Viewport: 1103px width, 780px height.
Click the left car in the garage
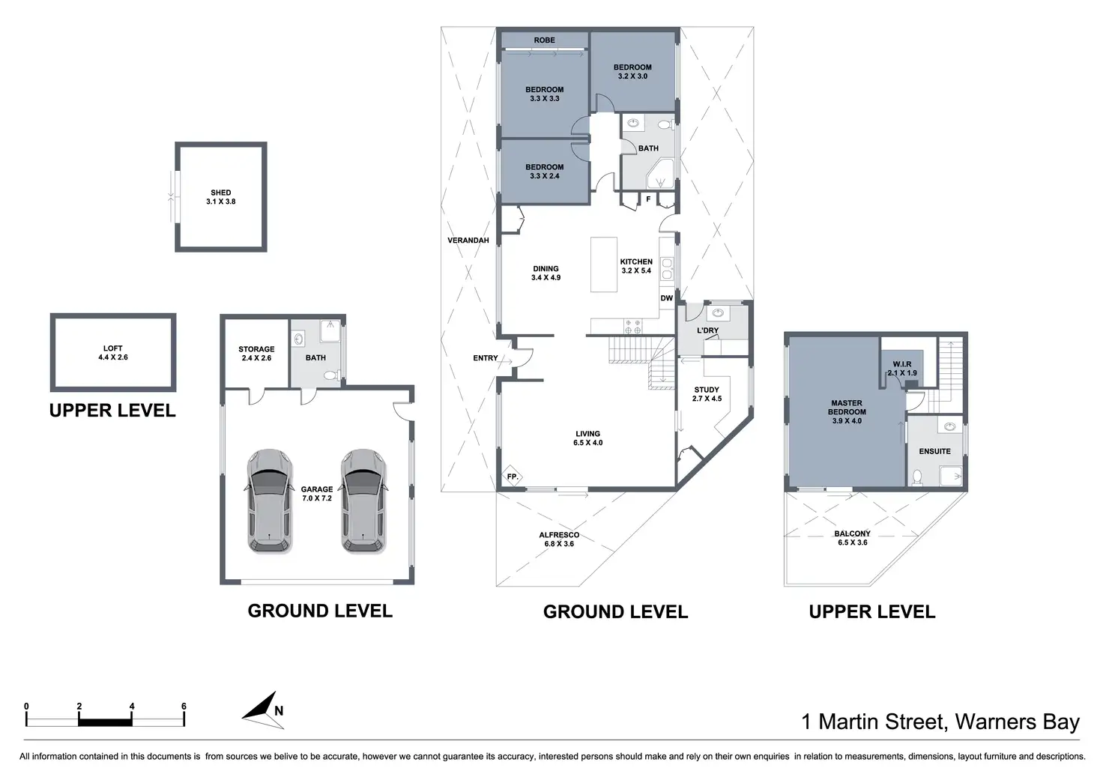269,501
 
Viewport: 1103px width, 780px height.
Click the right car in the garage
363,501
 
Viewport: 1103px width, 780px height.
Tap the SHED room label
220,193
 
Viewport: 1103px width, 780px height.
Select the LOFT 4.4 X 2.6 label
112,353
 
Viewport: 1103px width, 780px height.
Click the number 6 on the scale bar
184,706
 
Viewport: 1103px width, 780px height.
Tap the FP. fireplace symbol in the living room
512,477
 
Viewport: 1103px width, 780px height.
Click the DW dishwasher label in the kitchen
666,298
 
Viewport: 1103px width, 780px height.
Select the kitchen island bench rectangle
604,264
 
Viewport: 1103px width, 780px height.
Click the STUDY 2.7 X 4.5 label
707,394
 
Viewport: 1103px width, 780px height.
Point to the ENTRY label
485,358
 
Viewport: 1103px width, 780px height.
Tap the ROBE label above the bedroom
544,40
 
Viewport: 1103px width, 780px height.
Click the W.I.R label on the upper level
901,364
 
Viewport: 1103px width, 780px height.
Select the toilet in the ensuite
917,477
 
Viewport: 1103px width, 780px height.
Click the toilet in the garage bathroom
331,375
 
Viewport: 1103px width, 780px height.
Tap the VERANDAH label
468,241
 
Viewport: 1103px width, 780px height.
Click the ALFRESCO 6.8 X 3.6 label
559,539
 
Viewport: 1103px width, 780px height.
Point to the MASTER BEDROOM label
847,408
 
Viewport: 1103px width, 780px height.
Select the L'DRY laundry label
707,330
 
